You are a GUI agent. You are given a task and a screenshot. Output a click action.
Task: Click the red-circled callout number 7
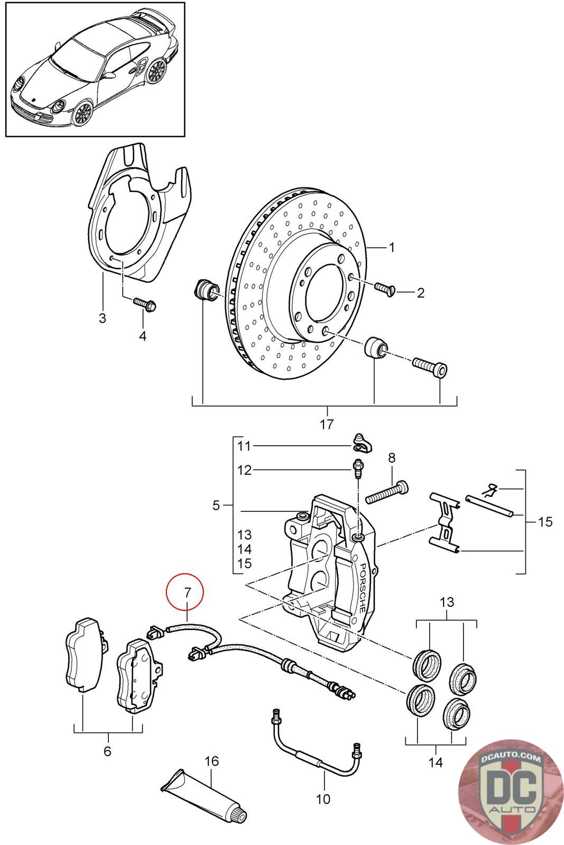pos(188,593)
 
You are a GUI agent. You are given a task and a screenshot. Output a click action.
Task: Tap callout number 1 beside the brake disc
pos(392,248)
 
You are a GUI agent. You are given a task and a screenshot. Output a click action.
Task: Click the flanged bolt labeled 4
pos(145,304)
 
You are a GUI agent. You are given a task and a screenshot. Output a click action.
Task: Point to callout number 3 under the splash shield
pos(103,317)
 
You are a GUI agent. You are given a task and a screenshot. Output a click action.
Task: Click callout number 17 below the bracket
pos(327,424)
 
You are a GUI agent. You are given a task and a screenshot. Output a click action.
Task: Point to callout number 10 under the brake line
pos(323,799)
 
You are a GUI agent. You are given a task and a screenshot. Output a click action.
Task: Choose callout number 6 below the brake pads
pos(108,750)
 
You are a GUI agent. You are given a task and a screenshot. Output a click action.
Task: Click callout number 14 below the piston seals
pos(435,762)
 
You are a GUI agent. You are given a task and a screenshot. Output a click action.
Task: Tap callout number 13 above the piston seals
pos(447,602)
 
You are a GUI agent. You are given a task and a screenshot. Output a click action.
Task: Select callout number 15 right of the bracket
pos(545,522)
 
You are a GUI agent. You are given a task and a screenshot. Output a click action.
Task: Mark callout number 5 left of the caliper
pos(216,505)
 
